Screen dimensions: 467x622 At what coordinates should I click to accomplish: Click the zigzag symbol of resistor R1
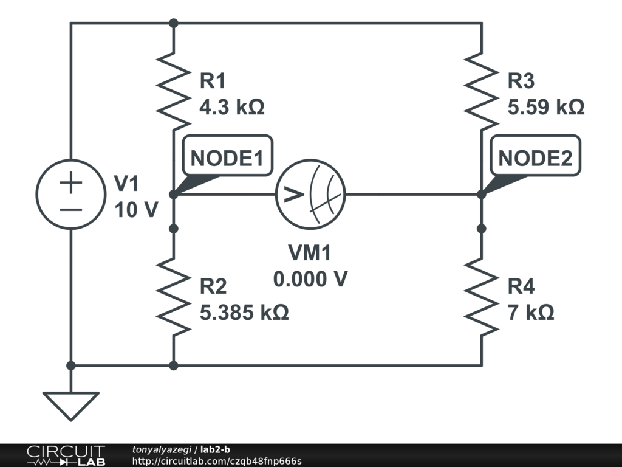click(174, 92)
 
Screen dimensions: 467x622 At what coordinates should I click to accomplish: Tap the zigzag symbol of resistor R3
click(482, 92)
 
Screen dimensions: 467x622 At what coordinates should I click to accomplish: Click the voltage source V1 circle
click(70, 195)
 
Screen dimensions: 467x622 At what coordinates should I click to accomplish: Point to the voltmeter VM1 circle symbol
click(310, 195)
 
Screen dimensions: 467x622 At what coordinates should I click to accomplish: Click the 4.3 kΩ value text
click(232, 108)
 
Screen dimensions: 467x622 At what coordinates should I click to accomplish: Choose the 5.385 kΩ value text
click(244, 313)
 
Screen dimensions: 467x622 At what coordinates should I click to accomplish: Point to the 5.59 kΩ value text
click(545, 108)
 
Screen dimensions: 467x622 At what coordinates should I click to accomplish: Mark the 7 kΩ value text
click(531, 313)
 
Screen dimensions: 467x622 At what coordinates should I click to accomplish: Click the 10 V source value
click(136, 210)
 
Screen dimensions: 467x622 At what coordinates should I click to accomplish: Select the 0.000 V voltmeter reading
click(310, 279)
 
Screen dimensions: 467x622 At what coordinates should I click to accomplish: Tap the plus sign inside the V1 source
click(70, 183)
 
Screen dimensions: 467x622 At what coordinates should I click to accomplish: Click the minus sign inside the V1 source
click(70, 209)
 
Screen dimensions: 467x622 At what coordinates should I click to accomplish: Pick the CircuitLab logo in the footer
click(65, 455)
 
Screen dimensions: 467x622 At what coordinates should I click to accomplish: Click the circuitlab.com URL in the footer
click(216, 461)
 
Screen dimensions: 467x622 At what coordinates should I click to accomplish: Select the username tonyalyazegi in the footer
click(162, 449)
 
